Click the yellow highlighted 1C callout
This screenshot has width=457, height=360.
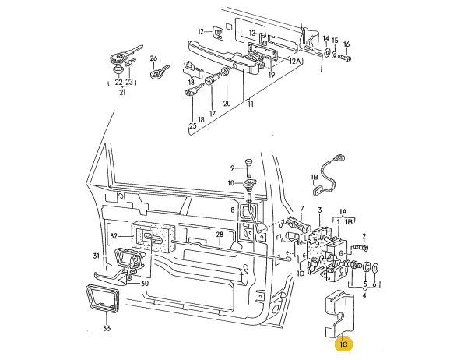click(x=343, y=344)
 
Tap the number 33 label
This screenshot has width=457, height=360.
click(x=107, y=328)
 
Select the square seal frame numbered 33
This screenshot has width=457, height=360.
click(x=102, y=298)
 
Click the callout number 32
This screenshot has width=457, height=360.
click(x=114, y=236)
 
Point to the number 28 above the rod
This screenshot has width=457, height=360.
click(x=220, y=235)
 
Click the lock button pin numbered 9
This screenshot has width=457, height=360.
click(x=249, y=168)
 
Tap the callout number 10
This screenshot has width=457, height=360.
click(x=230, y=183)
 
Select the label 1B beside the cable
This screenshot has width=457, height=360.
click(x=314, y=177)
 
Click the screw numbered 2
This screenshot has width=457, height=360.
click(x=361, y=248)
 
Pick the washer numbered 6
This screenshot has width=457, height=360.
click(x=375, y=267)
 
